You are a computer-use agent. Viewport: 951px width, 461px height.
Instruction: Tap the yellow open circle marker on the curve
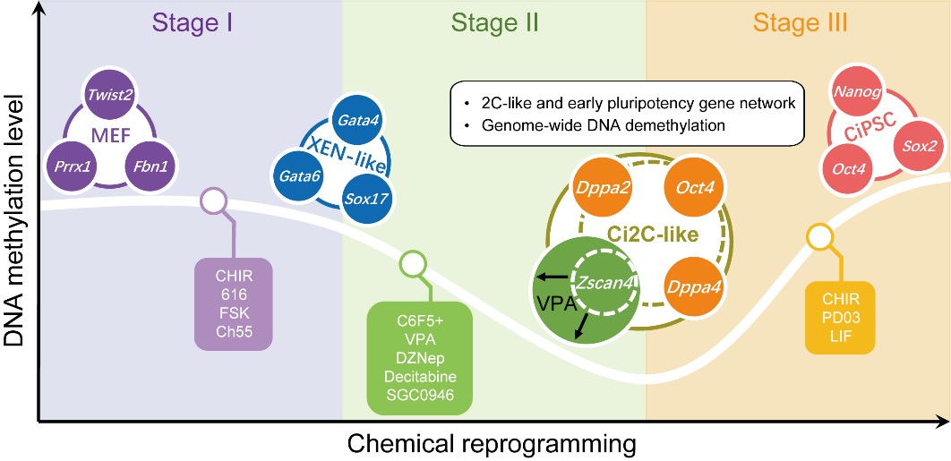coord(818,238)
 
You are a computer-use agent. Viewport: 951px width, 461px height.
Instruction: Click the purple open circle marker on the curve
coord(213,201)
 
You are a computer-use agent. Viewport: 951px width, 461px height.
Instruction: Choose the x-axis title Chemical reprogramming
coord(492,442)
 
